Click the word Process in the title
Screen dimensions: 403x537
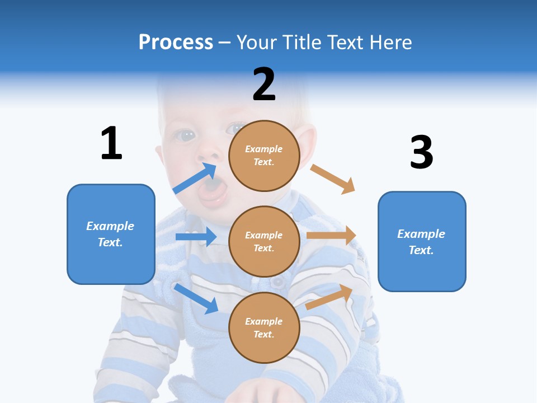pyautogui.click(x=176, y=42)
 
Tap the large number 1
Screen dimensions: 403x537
pyautogui.click(x=111, y=143)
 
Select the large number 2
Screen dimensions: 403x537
pyautogui.click(x=264, y=85)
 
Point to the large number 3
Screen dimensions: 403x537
pyautogui.click(x=421, y=152)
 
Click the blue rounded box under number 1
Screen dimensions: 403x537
pyautogui.click(x=111, y=234)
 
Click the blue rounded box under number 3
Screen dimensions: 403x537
pyautogui.click(x=422, y=241)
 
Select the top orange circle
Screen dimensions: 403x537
pyautogui.click(x=264, y=155)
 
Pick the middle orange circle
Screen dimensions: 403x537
pyautogui.click(x=264, y=241)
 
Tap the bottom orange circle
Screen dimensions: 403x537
pyautogui.click(x=264, y=327)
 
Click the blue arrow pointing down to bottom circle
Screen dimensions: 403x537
pyautogui.click(x=196, y=298)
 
